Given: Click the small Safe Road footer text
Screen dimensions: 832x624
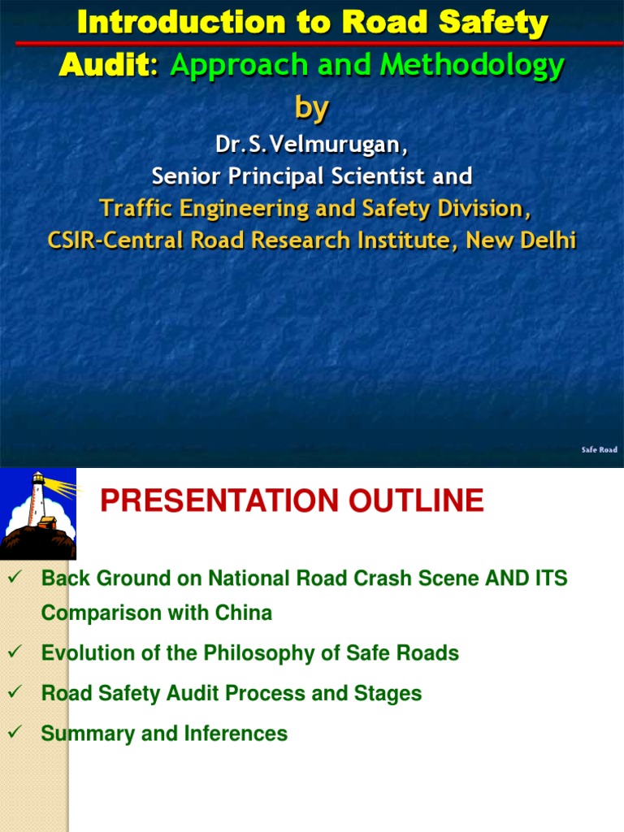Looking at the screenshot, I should pyautogui.click(x=599, y=449).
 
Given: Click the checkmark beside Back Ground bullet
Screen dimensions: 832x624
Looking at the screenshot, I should pyautogui.click(x=12, y=577).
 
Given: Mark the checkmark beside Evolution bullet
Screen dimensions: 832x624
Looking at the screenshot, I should pyautogui.click(x=12, y=652).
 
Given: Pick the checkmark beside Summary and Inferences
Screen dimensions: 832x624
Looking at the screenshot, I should pyautogui.click(x=12, y=732).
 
